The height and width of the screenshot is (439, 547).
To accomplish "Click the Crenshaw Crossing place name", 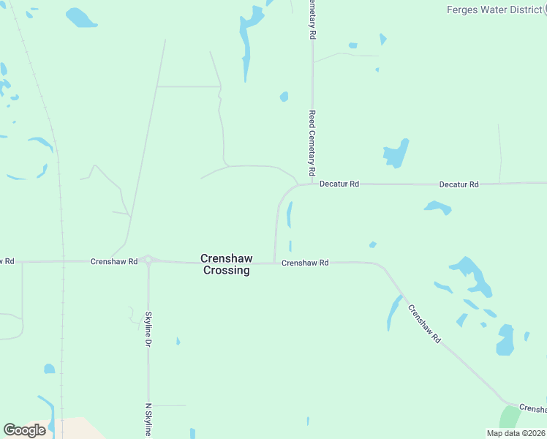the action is pyautogui.click(x=226, y=264).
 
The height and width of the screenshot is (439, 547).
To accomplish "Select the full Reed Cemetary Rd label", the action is pyautogui.click(x=312, y=143).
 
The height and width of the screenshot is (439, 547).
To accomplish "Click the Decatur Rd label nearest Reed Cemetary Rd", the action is pyautogui.click(x=339, y=184).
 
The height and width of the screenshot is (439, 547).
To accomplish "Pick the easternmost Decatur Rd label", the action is pyautogui.click(x=459, y=184).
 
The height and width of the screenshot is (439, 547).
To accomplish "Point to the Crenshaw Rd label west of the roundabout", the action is pyautogui.click(x=114, y=261).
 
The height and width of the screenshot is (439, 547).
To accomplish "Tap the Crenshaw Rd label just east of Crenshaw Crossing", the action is pyautogui.click(x=305, y=263).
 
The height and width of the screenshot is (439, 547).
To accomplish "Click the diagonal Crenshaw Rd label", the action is pyautogui.click(x=426, y=324).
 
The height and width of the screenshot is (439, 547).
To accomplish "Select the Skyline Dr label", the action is pyautogui.click(x=148, y=329).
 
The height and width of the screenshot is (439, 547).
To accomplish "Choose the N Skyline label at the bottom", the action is pyautogui.click(x=148, y=420).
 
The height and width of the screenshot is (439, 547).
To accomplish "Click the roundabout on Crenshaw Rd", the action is pyautogui.click(x=148, y=260).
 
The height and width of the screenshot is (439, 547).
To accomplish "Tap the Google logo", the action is pyautogui.click(x=24, y=430).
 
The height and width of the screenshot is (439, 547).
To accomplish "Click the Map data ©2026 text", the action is pyautogui.click(x=516, y=433).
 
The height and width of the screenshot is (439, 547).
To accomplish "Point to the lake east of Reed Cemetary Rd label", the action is pyautogui.click(x=396, y=154).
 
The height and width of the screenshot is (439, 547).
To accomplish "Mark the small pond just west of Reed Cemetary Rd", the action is pyautogui.click(x=284, y=97).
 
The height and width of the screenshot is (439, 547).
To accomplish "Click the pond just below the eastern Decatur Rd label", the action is pyautogui.click(x=438, y=207).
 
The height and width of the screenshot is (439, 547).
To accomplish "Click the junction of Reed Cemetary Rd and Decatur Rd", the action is pyautogui.click(x=313, y=184).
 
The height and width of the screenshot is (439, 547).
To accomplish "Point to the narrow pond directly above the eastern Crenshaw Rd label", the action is pyautogui.click(x=290, y=214).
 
